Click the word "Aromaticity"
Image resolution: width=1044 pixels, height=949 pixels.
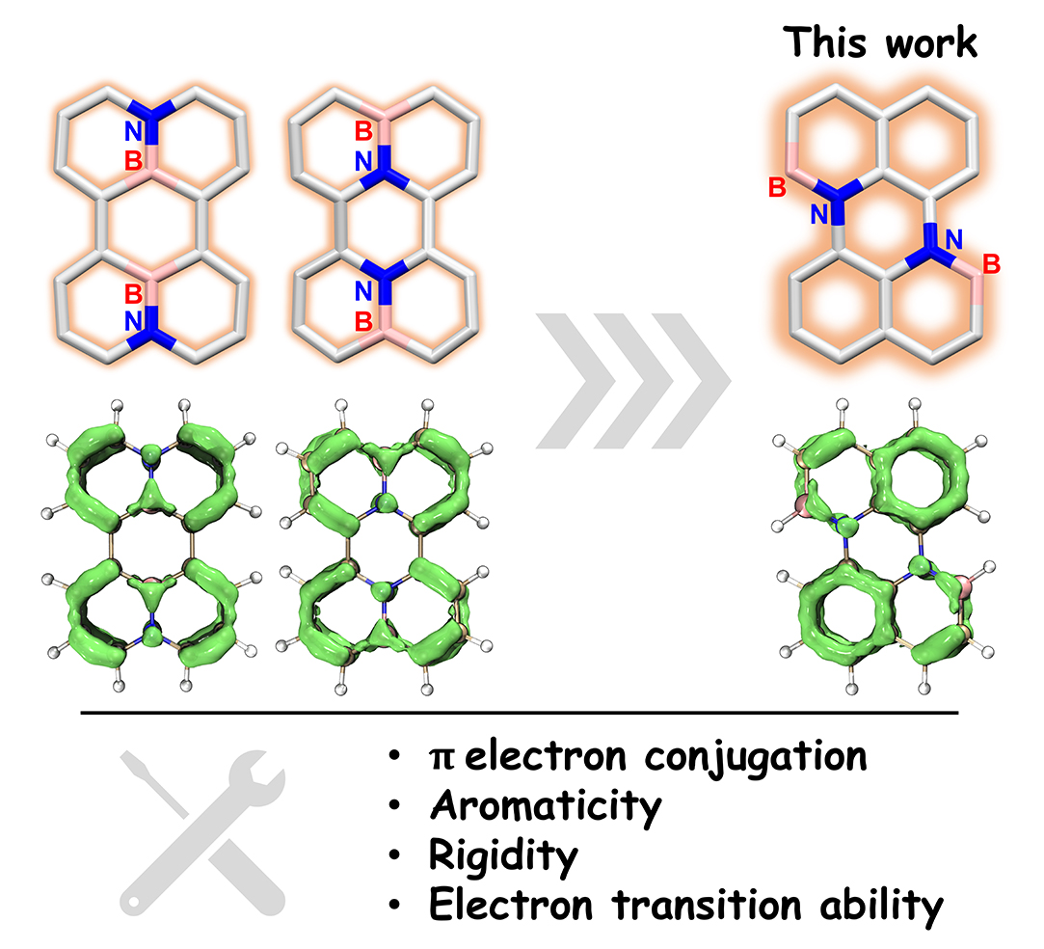[x=546, y=806]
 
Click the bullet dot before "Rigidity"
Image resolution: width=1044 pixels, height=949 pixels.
[x=395, y=857]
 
